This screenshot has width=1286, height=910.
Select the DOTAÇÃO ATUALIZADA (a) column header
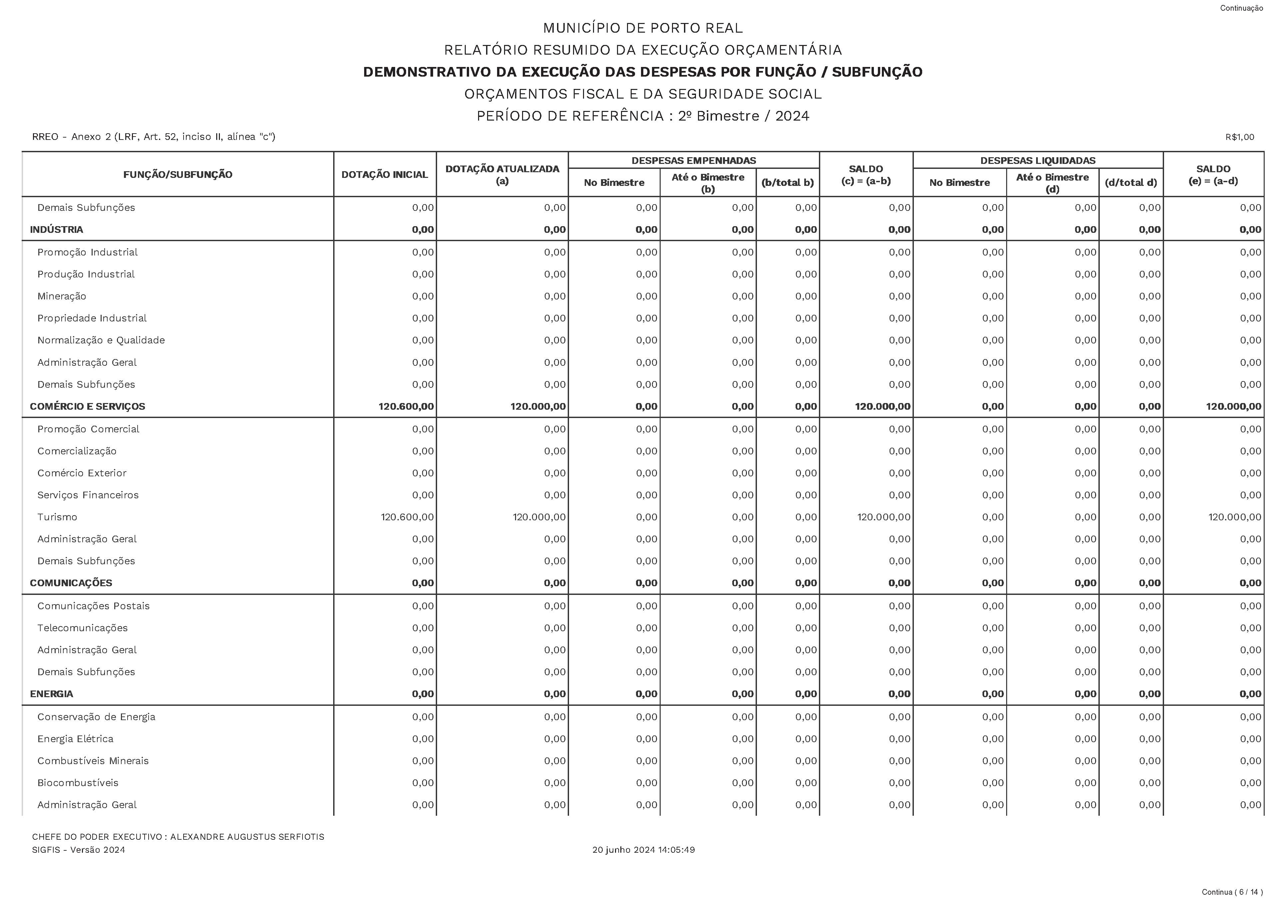[502, 174]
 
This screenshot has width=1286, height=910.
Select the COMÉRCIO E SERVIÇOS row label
[87, 407]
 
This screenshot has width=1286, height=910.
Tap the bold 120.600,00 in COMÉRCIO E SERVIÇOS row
[406, 407]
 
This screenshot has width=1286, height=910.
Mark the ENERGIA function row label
[52, 694]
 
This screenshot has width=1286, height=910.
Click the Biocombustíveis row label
[78, 783]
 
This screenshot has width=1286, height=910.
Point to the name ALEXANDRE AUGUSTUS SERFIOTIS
[247, 837]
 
